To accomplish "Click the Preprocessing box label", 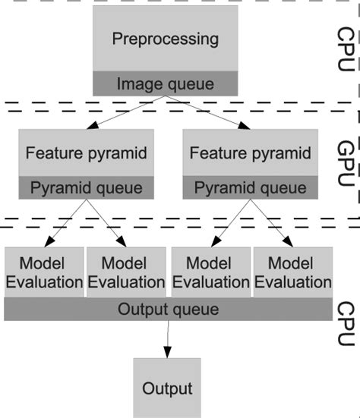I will click(165, 39).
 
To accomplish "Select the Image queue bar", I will click(165, 83).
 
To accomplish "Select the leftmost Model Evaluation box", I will click(43, 272).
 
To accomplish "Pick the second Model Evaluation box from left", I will click(126, 272).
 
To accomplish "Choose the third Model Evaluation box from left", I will click(210, 272).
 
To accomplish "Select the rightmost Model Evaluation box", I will click(292, 272).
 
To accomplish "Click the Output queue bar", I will click(168, 309).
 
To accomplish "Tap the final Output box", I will click(167, 388).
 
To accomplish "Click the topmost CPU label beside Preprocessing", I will click(346, 49).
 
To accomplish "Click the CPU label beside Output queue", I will click(346, 323).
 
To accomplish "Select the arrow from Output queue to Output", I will click(167, 338).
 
